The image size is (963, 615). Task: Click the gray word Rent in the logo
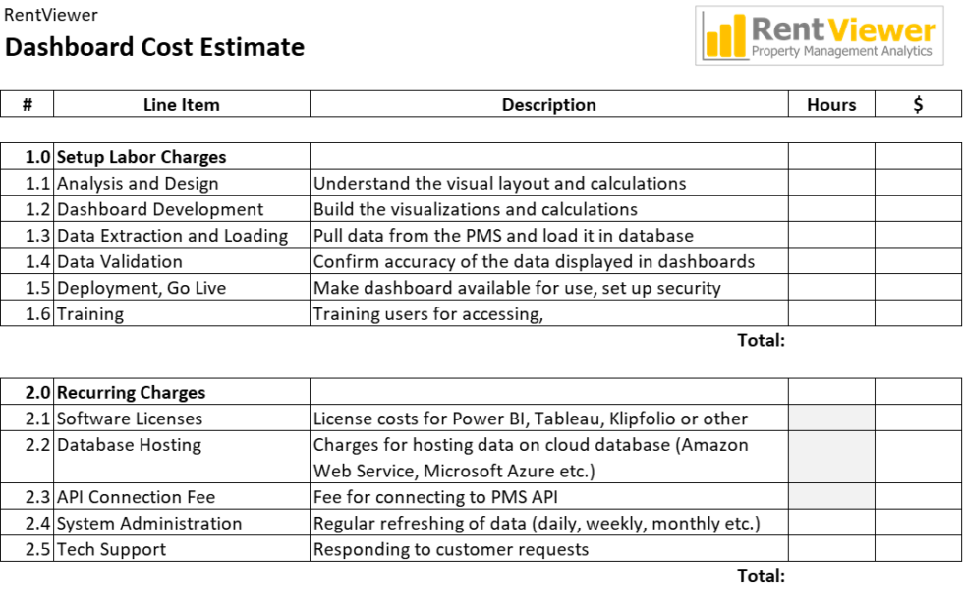[787, 29]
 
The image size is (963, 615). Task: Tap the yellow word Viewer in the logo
[881, 30]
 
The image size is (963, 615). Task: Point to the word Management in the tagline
[841, 51]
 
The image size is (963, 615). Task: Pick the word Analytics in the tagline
[908, 51]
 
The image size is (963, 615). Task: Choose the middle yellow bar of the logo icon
[726, 38]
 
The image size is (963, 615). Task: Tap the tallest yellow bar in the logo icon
[739, 34]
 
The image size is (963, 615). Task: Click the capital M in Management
[812, 51]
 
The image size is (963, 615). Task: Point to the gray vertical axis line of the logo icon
[704, 35]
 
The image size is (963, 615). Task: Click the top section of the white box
[831, 418]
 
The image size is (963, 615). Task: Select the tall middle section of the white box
[831, 457]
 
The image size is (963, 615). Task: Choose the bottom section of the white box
[831, 496]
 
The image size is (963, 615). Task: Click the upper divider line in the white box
[831, 430]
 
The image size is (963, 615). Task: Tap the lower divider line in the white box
[831, 482]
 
